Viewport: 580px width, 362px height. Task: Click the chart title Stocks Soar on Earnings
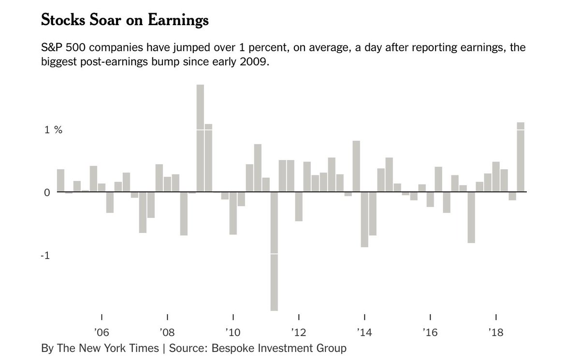click(x=125, y=21)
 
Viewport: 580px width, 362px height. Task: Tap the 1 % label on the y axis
click(x=54, y=130)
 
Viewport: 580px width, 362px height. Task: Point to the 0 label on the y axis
click(x=47, y=193)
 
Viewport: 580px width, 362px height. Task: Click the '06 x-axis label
click(x=101, y=333)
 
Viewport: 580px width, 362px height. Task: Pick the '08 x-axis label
click(x=167, y=333)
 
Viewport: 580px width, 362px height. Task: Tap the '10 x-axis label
click(x=232, y=333)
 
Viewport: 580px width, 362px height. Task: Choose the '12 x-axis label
click(x=299, y=333)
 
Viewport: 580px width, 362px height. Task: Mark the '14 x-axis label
click(x=364, y=333)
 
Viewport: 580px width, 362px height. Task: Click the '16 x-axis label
click(x=430, y=333)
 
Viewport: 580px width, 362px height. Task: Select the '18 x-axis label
click(x=496, y=333)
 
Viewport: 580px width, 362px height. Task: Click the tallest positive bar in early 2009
click(x=200, y=138)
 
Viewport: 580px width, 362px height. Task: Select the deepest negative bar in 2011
click(x=274, y=251)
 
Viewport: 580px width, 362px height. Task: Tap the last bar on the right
click(x=521, y=157)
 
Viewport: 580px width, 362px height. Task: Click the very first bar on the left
click(x=60, y=180)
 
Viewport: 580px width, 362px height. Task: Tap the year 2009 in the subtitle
click(x=252, y=63)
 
